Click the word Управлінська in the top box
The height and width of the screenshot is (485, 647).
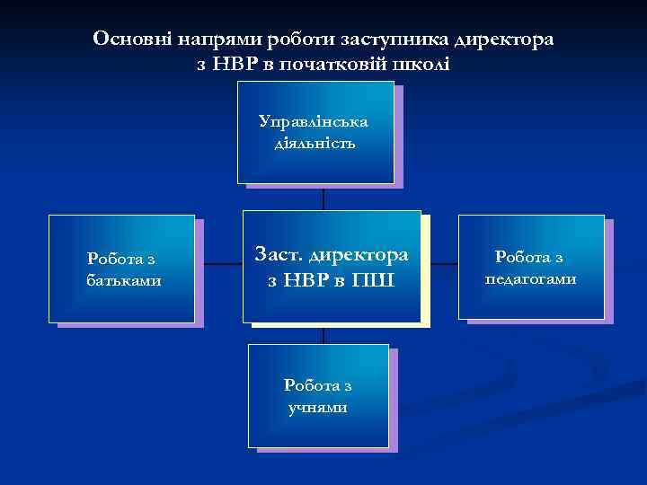pos(313,121)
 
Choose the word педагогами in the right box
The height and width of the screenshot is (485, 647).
pos(531,278)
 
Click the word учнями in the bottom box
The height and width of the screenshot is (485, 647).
pos(317,407)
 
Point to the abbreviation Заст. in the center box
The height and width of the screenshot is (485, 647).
pos(282,255)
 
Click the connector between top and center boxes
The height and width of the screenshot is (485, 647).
pos(323,198)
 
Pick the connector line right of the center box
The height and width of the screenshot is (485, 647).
pos(440,266)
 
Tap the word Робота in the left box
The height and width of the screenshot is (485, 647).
pos(111,260)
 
